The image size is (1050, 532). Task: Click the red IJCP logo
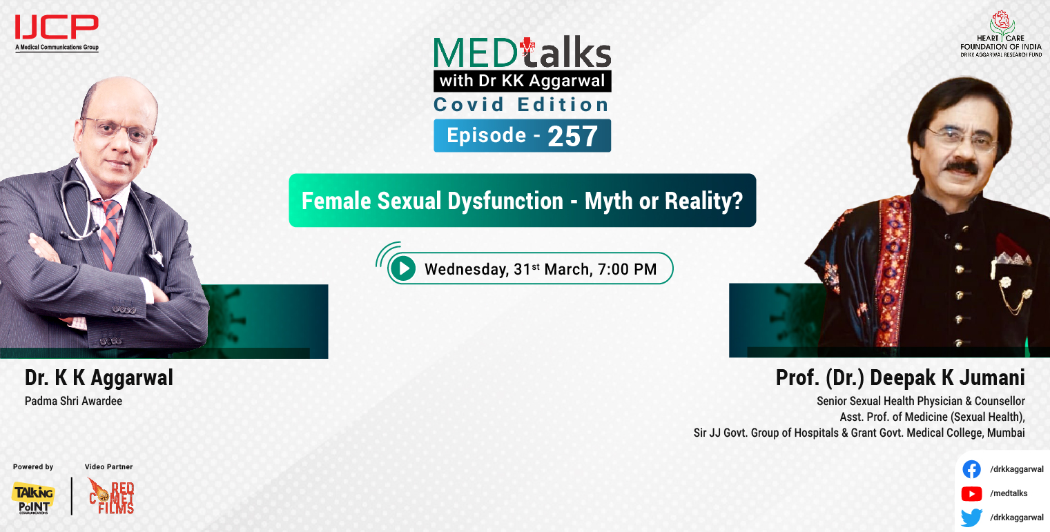tap(57, 28)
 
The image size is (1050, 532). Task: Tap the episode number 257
tap(572, 137)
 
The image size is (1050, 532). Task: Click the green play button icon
tap(402, 268)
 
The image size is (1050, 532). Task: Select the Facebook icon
tap(971, 469)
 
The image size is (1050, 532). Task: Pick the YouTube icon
tap(971, 493)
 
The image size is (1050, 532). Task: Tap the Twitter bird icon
tap(971, 518)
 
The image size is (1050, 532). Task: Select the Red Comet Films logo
tap(111, 496)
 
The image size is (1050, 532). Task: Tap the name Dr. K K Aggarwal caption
tap(99, 378)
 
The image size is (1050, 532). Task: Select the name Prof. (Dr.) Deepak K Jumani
tap(900, 378)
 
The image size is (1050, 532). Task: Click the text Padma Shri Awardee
tap(73, 401)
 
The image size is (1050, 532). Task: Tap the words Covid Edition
tap(521, 105)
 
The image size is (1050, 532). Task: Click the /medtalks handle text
tap(1009, 493)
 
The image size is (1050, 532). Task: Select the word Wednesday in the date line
tap(466, 268)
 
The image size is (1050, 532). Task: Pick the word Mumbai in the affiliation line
tap(1006, 433)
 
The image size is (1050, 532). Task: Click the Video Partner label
tap(108, 467)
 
